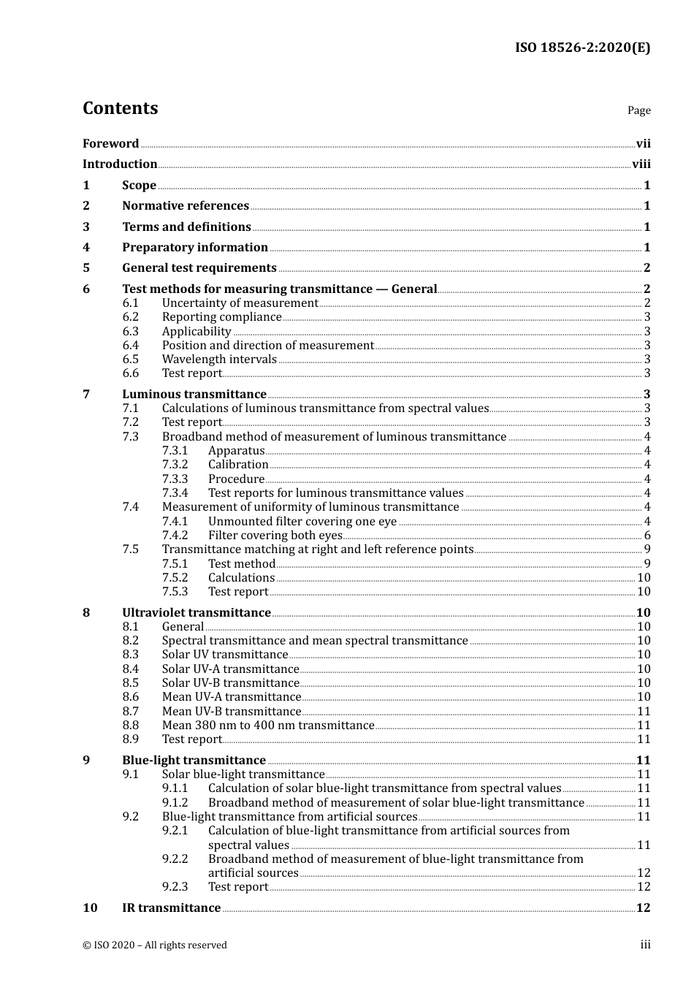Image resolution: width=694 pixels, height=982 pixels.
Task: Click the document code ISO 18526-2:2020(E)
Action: [582, 47]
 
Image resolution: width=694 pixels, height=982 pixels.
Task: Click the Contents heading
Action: [120, 108]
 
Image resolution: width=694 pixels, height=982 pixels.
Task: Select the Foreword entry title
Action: [110, 143]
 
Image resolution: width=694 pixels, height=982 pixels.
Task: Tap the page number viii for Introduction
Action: [641, 164]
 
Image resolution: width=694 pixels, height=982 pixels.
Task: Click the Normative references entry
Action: [186, 206]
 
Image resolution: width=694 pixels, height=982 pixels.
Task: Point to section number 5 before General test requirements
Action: [86, 268]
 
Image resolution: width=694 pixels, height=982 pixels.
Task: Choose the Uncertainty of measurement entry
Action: [240, 303]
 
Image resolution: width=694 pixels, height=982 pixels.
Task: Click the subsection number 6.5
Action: [131, 359]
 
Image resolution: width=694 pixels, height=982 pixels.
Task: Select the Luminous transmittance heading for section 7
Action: [194, 395]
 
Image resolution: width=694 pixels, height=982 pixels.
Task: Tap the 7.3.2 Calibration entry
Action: [238, 465]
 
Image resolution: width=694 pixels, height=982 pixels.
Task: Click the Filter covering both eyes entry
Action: [275, 536]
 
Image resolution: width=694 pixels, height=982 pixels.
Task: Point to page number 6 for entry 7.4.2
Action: [647, 536]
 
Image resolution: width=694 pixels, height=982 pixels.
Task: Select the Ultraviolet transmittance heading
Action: [197, 613]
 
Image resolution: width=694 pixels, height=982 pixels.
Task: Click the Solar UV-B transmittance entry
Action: [230, 683]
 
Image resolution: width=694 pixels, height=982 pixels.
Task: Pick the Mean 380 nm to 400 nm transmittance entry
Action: [268, 726]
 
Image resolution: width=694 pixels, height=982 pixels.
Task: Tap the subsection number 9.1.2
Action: [175, 803]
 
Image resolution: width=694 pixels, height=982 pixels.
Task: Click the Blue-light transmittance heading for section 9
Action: [194, 761]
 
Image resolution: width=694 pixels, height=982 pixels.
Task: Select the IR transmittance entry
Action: [172, 908]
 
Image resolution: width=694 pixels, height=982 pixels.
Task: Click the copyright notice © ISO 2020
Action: [155, 945]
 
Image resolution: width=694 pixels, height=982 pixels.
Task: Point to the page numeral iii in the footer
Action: [645, 945]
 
